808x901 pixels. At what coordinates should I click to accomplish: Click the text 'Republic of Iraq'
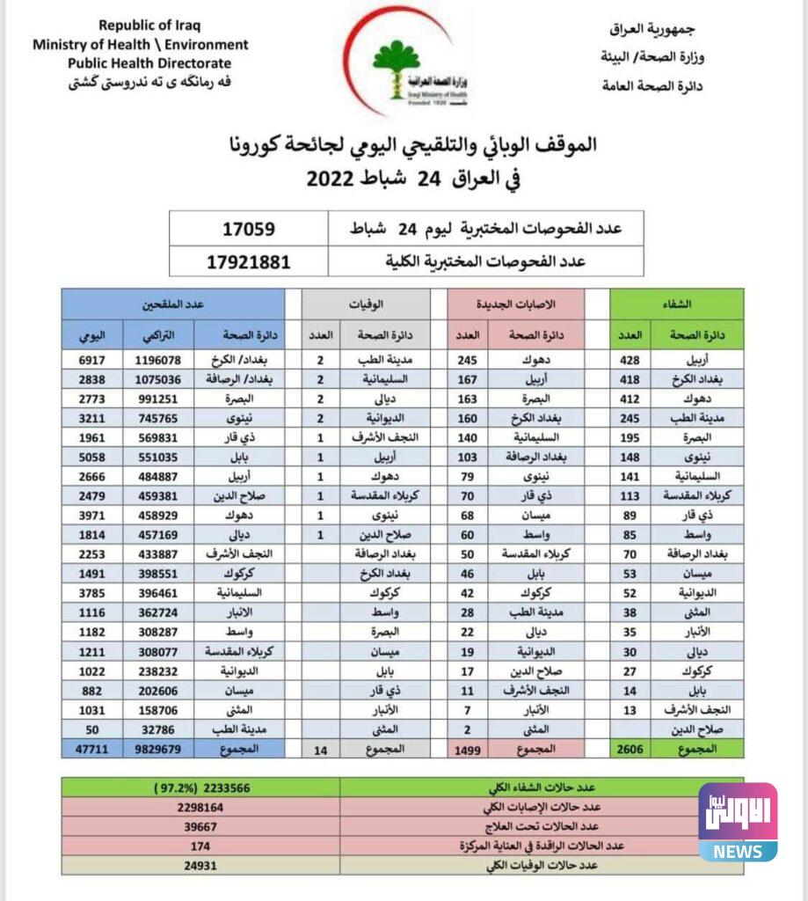click(x=141, y=26)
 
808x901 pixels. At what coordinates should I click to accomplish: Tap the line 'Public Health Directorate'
click(x=149, y=63)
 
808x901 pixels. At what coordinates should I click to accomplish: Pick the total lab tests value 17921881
click(x=248, y=261)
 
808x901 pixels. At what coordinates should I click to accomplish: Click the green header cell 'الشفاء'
click(x=677, y=304)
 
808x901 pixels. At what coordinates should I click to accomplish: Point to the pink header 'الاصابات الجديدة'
click(x=514, y=304)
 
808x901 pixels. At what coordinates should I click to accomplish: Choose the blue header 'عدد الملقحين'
click(x=172, y=304)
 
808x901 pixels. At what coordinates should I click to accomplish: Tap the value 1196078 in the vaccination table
click(x=158, y=361)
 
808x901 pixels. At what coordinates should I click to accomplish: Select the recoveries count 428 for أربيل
click(x=630, y=361)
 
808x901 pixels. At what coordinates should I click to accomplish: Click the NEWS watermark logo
click(x=738, y=822)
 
